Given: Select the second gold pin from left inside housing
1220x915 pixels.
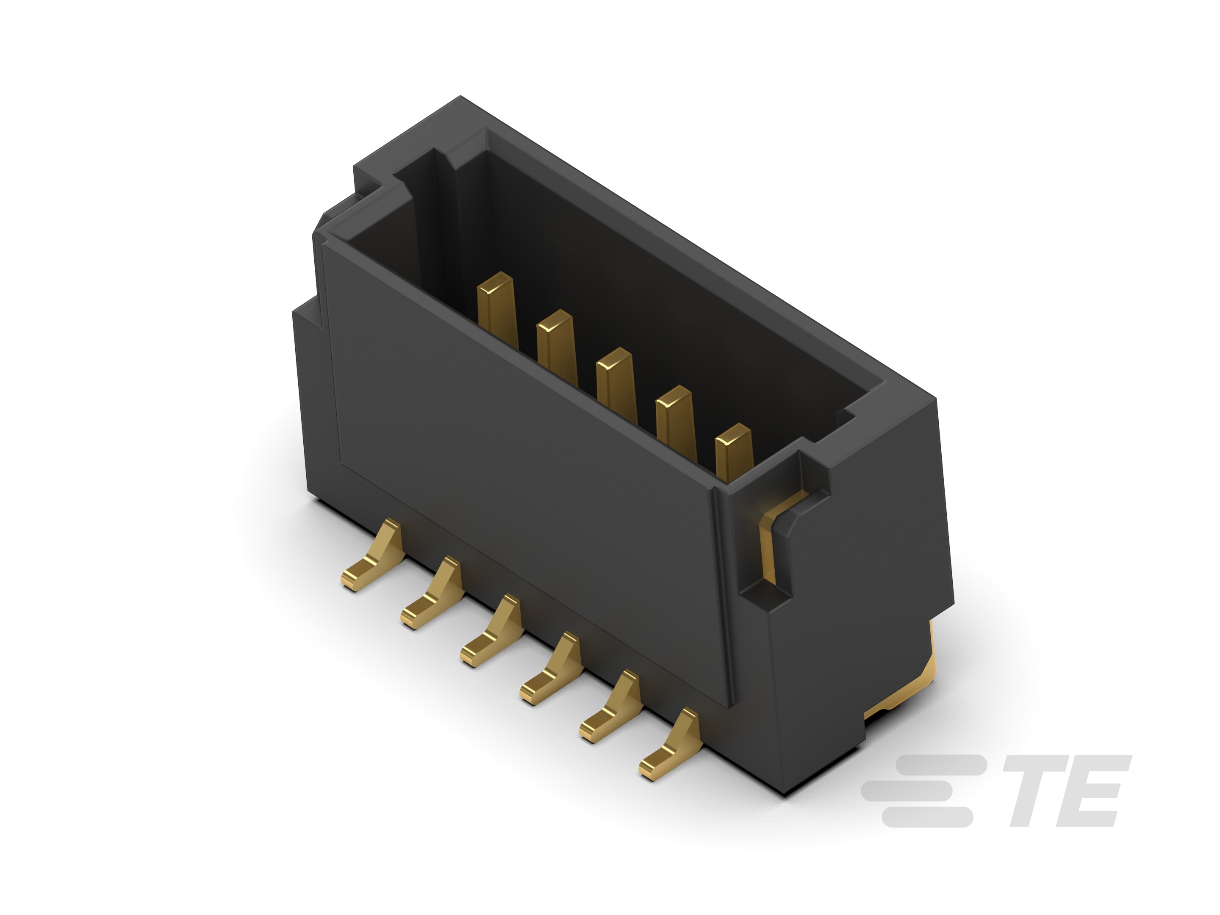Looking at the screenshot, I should [x=556, y=345].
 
